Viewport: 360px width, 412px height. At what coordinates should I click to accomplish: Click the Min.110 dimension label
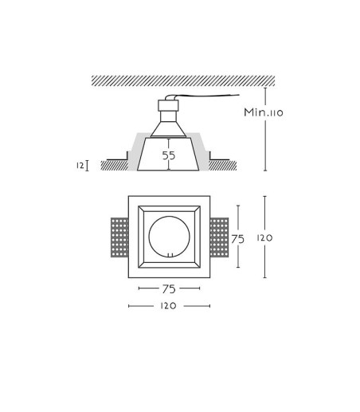pos(264,112)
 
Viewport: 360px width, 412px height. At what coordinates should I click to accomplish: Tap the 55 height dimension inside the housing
pos(169,155)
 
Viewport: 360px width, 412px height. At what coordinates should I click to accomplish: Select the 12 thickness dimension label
pos(80,166)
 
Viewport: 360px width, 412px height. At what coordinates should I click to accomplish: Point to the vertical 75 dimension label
pos(237,239)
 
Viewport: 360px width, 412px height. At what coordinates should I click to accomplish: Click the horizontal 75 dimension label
pos(169,289)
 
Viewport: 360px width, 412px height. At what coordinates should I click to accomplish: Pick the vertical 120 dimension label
pos(264,237)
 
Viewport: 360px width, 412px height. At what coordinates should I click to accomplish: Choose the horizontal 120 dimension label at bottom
pos(168,306)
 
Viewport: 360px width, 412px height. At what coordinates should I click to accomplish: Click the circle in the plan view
pos(150,237)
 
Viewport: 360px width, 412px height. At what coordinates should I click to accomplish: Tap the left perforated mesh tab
pos(119,237)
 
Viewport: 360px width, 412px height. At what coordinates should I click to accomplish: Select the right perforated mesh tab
pos(219,237)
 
